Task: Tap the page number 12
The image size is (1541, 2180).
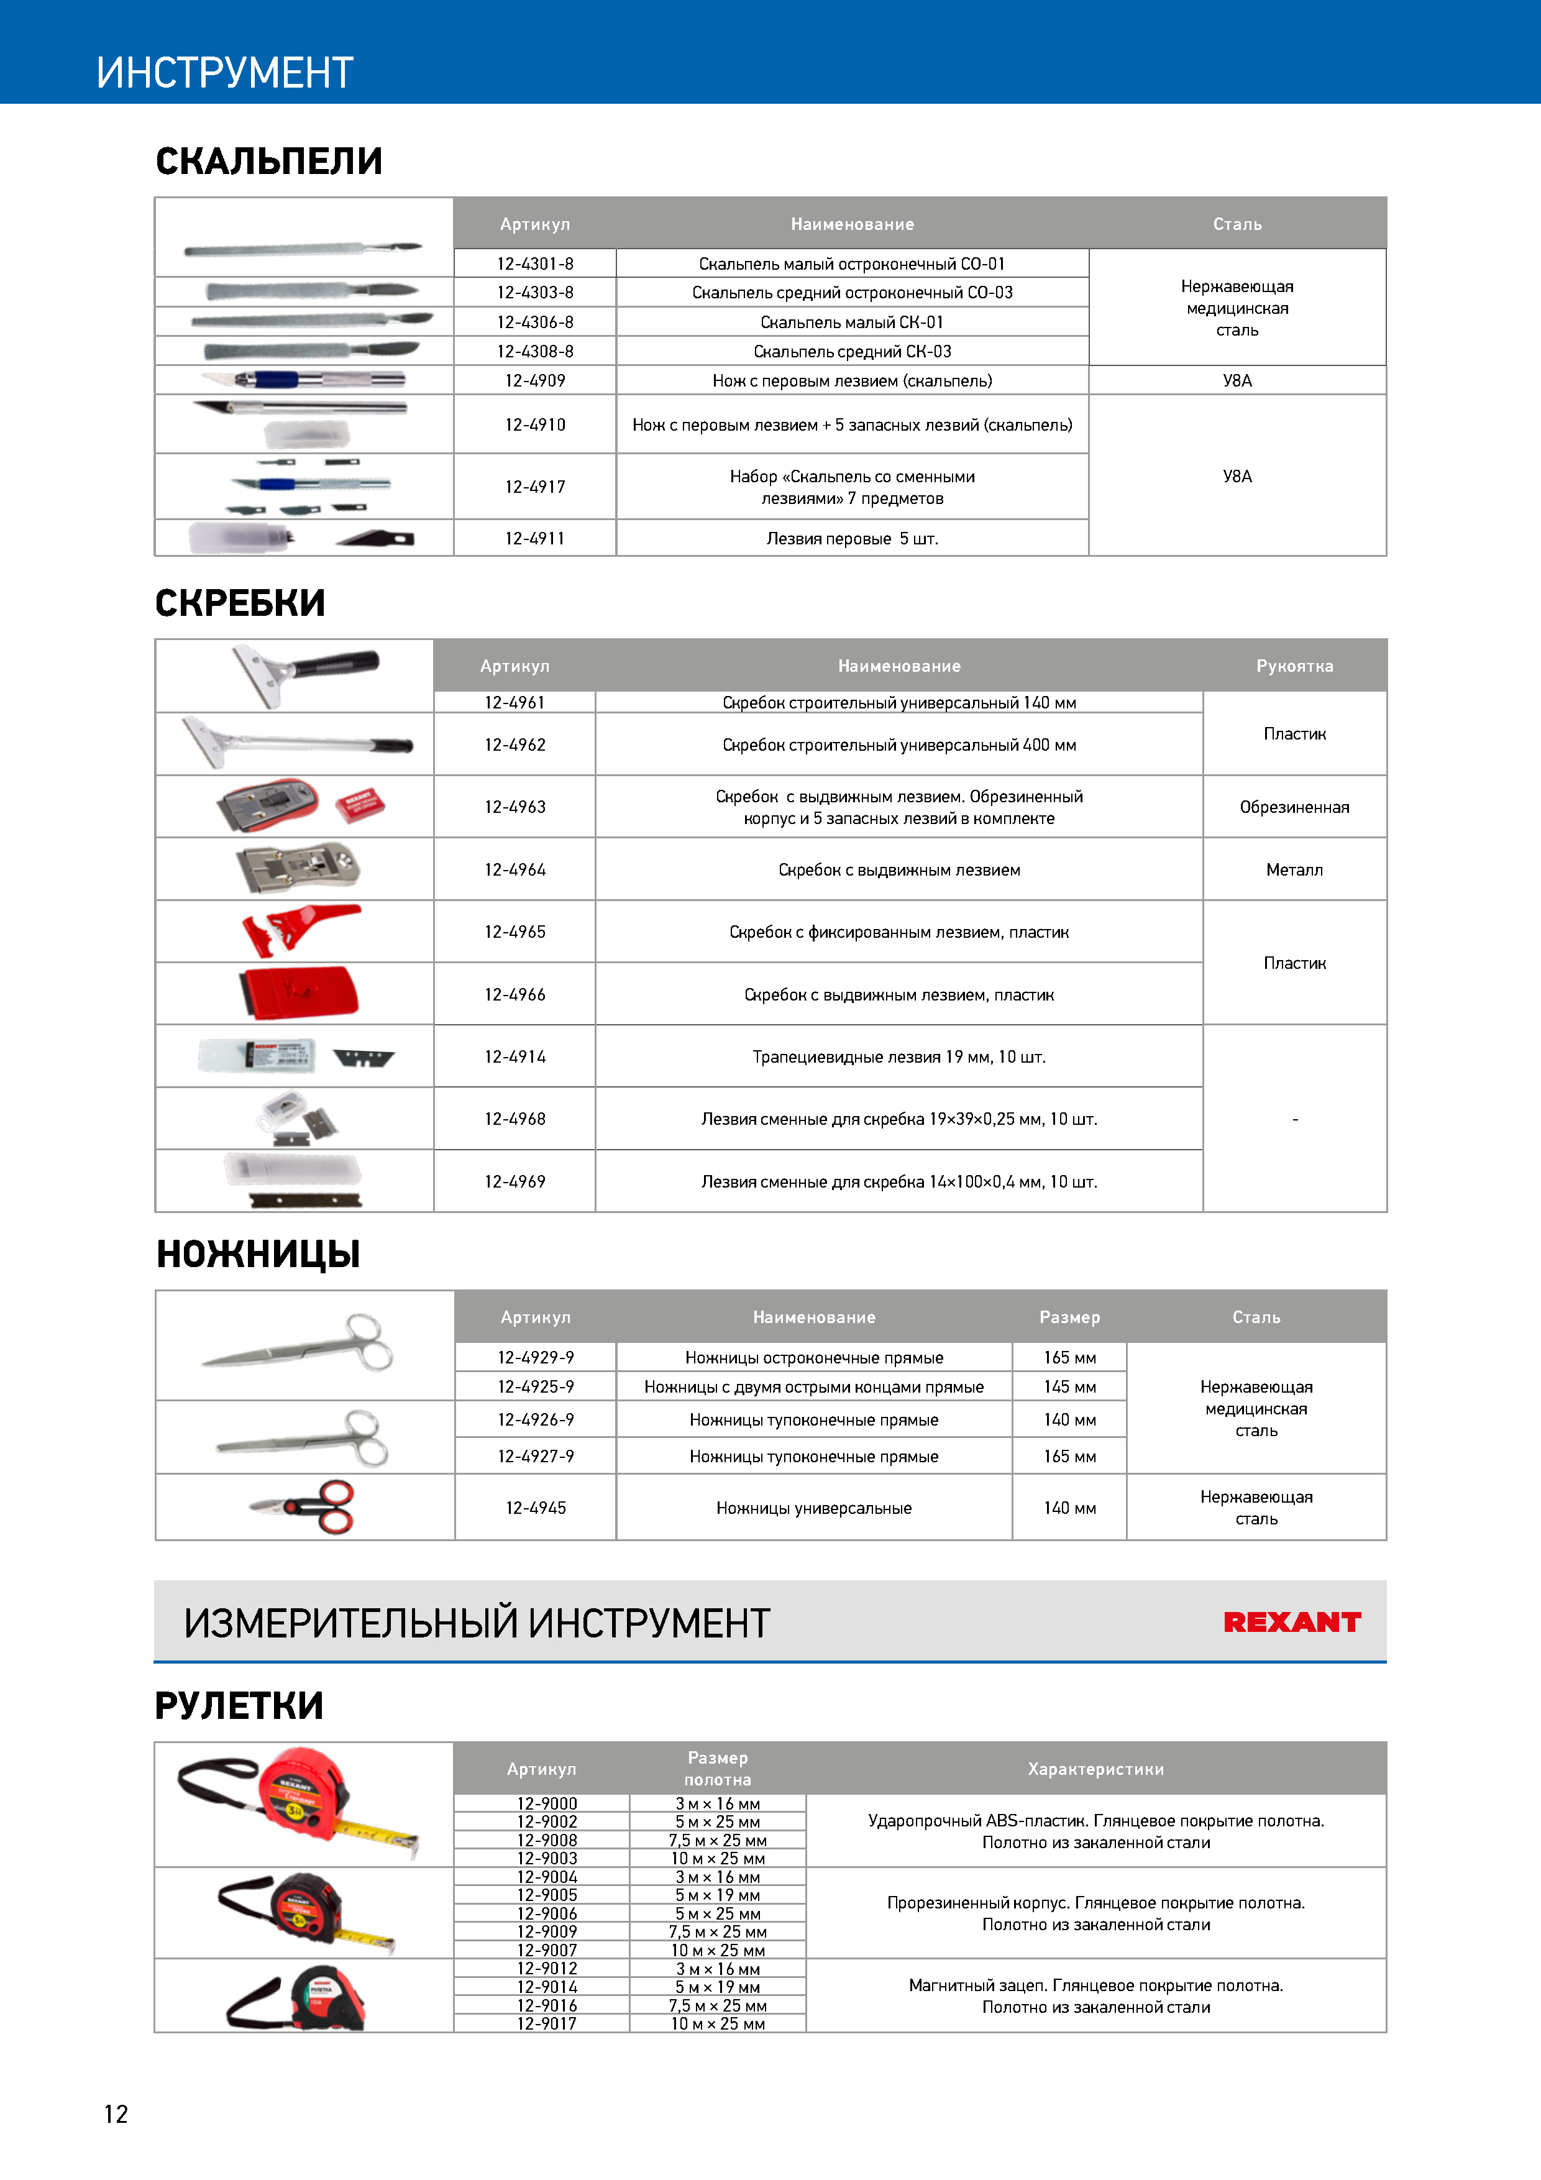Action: point(116,2114)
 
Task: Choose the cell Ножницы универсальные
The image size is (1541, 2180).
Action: point(814,1508)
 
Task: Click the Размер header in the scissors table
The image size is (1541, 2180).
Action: point(1069,1317)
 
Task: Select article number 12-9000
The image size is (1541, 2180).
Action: point(547,1803)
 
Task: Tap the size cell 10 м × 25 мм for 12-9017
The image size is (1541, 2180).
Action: point(718,2023)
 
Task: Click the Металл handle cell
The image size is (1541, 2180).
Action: point(1294,870)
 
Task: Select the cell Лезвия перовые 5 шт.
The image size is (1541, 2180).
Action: point(852,538)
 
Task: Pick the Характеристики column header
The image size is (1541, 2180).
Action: point(1095,1769)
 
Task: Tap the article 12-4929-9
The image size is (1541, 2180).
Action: point(536,1358)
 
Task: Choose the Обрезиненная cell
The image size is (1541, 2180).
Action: point(1294,807)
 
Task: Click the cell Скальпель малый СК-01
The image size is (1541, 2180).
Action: point(852,322)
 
